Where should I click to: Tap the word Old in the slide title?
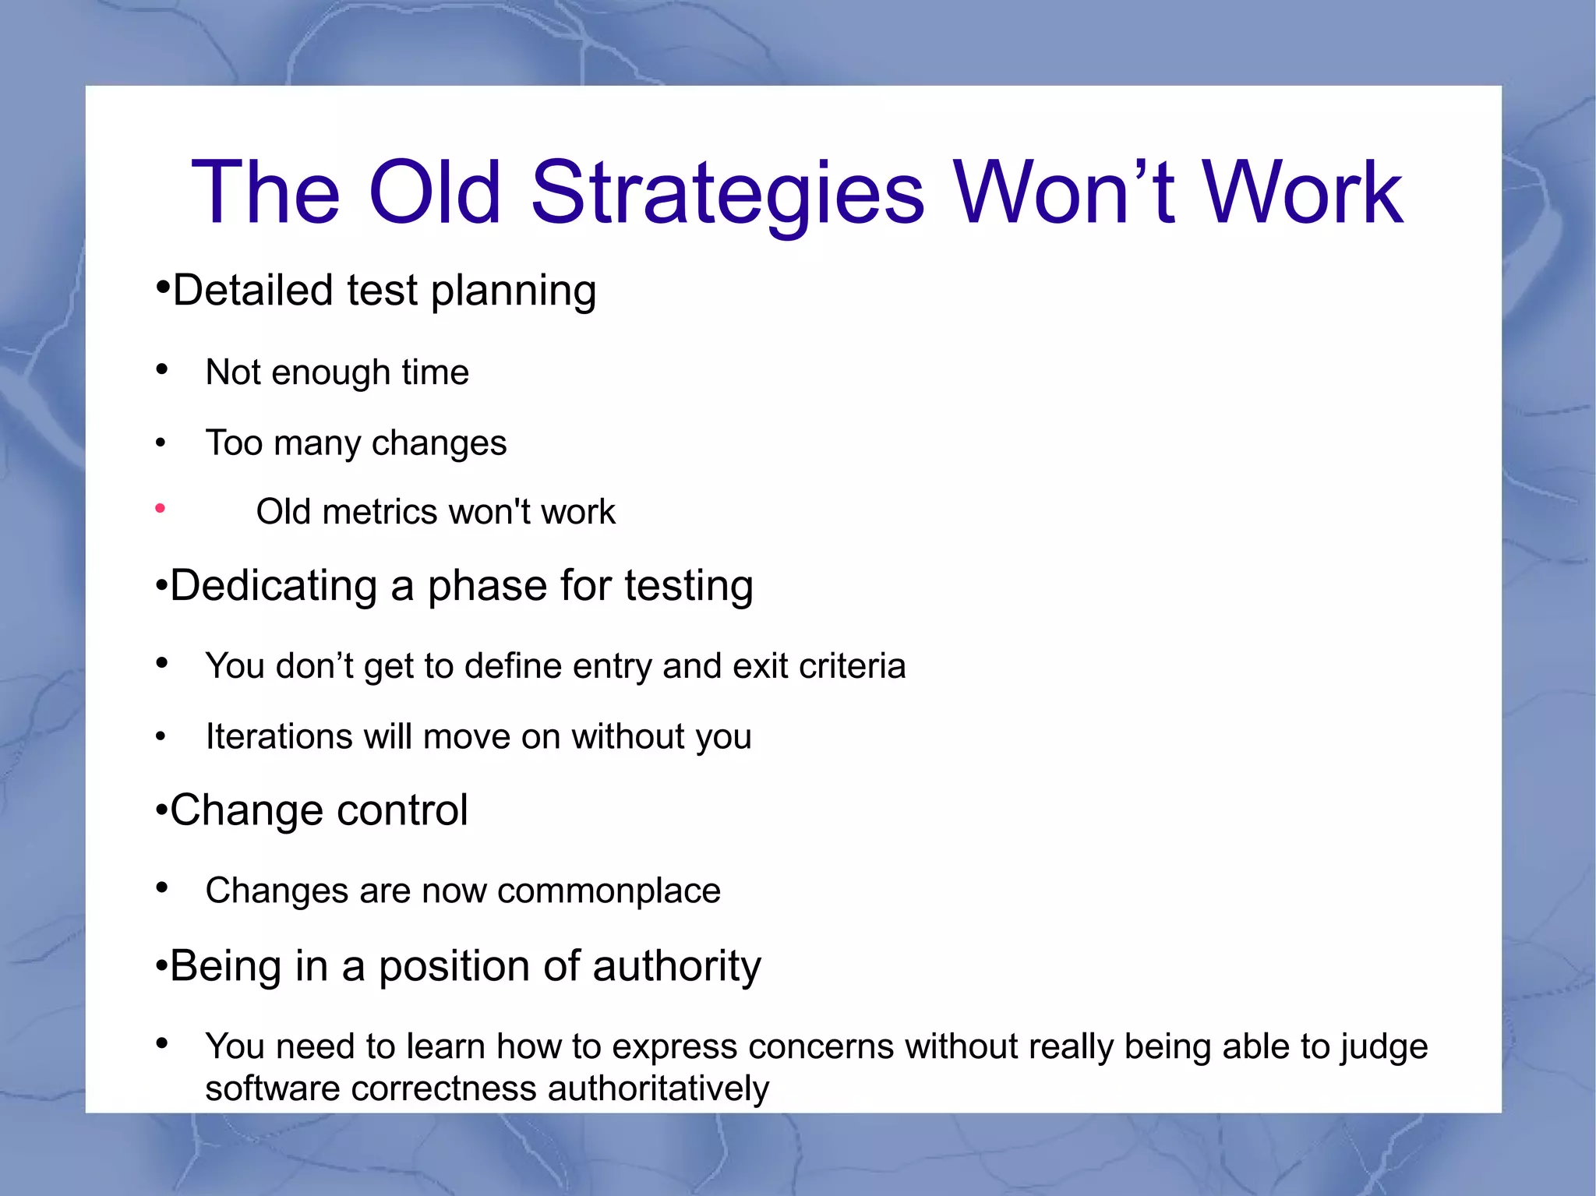pyautogui.click(x=433, y=193)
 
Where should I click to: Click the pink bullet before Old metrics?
pyautogui.click(x=160, y=509)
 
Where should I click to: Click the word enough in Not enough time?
pyautogui.click(x=330, y=372)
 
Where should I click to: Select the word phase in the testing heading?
pyautogui.click(x=486, y=587)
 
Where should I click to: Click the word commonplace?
pyautogui.click(x=609, y=891)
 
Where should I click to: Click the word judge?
pyautogui.click(x=1383, y=1047)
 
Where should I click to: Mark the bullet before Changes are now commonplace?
pyautogui.click(x=161, y=887)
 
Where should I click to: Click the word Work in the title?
pyautogui.click(x=1301, y=193)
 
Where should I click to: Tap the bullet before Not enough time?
pyautogui.click(x=161, y=369)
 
